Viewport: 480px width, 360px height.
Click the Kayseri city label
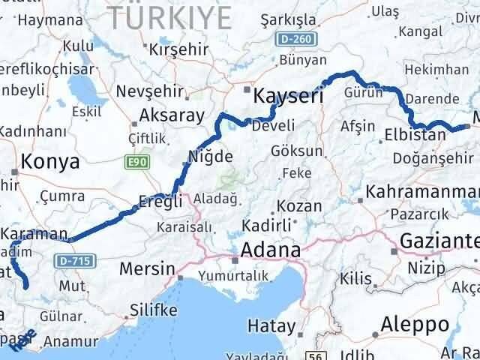tap(288, 96)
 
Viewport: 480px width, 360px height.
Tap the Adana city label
tap(269, 250)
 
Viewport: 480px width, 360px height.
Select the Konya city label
tap(50, 161)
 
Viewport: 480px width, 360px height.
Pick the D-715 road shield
tap(65, 260)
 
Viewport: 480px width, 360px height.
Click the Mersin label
tap(149, 268)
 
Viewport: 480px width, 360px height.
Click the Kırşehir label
tap(177, 49)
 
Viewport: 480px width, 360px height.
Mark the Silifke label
tap(153, 309)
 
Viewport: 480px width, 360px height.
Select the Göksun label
tap(297, 150)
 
